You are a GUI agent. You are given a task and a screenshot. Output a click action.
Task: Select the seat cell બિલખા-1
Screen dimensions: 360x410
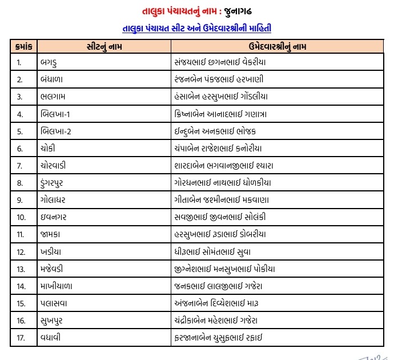click(x=56, y=114)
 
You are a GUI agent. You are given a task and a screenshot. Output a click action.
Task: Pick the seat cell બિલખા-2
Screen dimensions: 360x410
click(x=56, y=131)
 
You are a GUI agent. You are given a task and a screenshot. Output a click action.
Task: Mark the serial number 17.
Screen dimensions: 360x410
click(x=21, y=338)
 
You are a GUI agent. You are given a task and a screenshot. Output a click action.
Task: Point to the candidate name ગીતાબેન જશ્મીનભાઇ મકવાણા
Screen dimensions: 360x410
click(x=221, y=200)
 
